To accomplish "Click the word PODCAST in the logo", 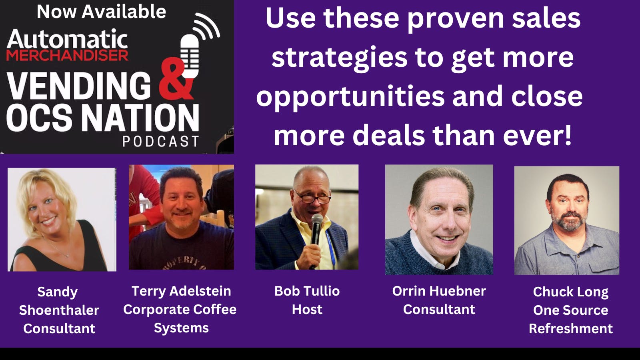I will click(x=160, y=141).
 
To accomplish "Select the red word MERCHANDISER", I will click(x=67, y=55).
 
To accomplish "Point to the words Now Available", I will click(x=101, y=12).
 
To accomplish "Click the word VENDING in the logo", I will click(x=79, y=86).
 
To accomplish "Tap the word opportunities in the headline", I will click(x=350, y=96).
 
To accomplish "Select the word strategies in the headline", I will click(x=339, y=57).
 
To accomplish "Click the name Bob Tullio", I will click(x=307, y=291).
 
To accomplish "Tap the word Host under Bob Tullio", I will click(x=307, y=309).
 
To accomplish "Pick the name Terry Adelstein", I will click(x=181, y=291).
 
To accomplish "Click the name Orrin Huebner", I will click(x=439, y=291).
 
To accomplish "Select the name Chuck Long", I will click(x=570, y=292).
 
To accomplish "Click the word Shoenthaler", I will click(x=59, y=310).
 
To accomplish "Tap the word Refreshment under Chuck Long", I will click(x=570, y=328).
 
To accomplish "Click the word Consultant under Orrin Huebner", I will click(x=439, y=309).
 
